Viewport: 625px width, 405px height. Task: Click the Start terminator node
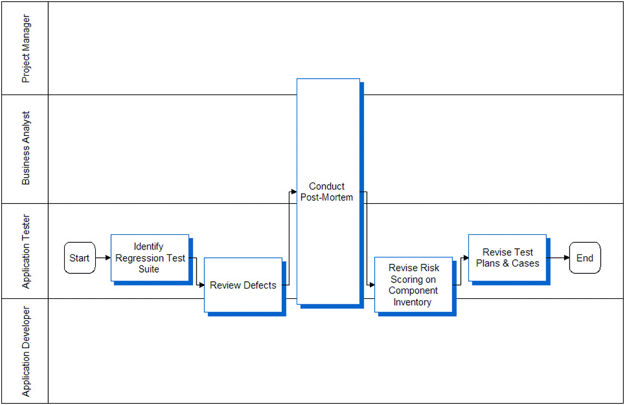click(79, 258)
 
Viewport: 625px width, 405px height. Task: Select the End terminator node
click(585, 258)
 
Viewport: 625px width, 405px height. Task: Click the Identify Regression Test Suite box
click(150, 258)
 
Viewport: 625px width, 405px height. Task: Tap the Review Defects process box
click(243, 285)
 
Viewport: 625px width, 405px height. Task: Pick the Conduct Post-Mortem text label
click(327, 192)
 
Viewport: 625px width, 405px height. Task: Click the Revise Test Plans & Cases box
click(507, 258)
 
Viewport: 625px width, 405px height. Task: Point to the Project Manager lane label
click(26, 49)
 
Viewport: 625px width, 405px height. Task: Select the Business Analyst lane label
click(26, 148)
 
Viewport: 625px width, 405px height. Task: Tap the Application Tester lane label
click(26, 251)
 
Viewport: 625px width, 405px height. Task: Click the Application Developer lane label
click(26, 351)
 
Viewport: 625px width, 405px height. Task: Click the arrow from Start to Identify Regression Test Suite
click(103, 258)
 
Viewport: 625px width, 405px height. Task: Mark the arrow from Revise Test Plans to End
click(558, 258)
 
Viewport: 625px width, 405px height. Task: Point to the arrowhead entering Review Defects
click(201, 285)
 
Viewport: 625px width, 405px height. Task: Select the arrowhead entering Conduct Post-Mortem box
click(294, 192)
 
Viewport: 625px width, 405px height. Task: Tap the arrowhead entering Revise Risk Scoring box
click(372, 285)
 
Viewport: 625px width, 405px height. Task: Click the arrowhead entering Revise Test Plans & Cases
click(466, 258)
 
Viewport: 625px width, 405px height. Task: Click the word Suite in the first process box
click(149, 269)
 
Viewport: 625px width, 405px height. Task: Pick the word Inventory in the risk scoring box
click(413, 302)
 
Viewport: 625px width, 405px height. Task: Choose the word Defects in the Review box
click(260, 285)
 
